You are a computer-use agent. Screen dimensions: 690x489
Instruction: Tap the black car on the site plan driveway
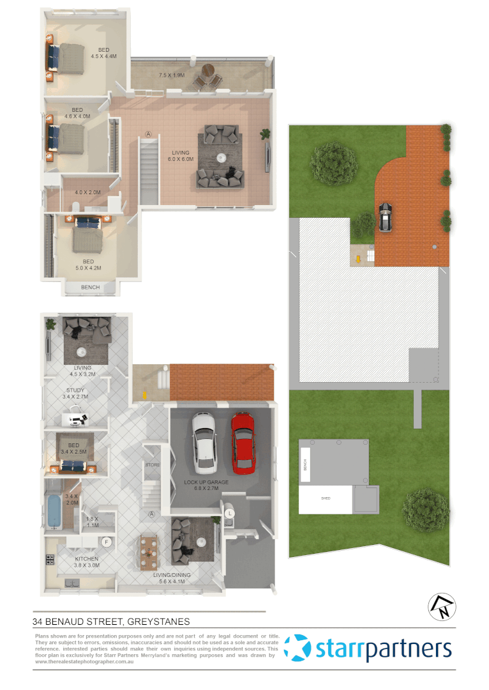pos(386,217)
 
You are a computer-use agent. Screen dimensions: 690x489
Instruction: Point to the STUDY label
pos(75,390)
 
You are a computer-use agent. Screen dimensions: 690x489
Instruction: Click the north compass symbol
pos(441,606)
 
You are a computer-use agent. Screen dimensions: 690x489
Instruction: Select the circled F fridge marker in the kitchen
pos(107,542)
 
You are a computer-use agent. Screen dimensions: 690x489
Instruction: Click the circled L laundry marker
pos(229,512)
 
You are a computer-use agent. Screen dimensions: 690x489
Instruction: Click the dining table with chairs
pos(149,550)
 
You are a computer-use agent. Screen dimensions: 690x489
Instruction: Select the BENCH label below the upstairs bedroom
pos(90,287)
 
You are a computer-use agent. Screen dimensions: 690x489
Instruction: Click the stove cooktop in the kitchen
pos(50,560)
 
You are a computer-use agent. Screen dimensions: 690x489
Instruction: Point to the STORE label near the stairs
pos(152,464)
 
